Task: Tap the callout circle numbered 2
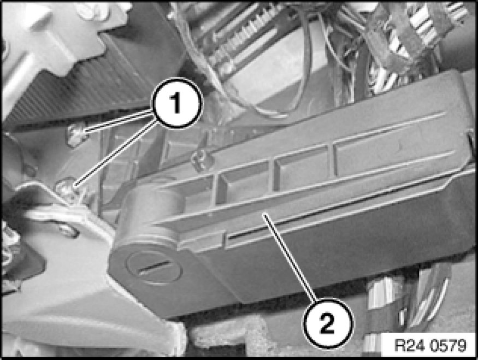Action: click(328, 323)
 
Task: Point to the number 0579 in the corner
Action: click(448, 345)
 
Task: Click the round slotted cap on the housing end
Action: click(154, 267)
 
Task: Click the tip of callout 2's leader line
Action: click(264, 215)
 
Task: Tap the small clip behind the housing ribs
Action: click(200, 160)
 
